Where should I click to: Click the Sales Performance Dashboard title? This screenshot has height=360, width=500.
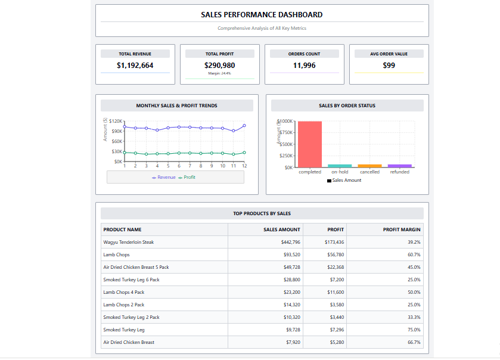(x=262, y=14)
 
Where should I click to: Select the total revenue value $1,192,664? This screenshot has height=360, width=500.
(x=135, y=66)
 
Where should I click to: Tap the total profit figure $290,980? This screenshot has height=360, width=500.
(x=219, y=66)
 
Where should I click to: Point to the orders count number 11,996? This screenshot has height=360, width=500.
(x=304, y=66)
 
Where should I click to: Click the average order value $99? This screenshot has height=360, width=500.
(x=389, y=66)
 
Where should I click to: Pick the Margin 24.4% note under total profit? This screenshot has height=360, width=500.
(x=219, y=73)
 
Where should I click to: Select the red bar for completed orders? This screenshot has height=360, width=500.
(x=310, y=144)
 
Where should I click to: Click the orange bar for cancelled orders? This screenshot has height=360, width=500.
(x=369, y=166)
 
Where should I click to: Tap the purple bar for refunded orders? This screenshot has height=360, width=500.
(x=399, y=166)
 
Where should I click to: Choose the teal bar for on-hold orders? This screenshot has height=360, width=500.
(x=340, y=166)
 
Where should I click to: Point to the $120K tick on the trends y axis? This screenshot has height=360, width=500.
(x=116, y=121)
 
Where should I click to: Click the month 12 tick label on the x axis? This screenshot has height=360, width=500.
(x=244, y=166)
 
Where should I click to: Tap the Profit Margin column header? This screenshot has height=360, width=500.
(x=402, y=229)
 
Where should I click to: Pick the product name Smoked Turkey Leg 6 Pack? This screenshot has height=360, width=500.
(x=131, y=280)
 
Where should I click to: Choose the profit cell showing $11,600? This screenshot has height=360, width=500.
(x=335, y=292)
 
